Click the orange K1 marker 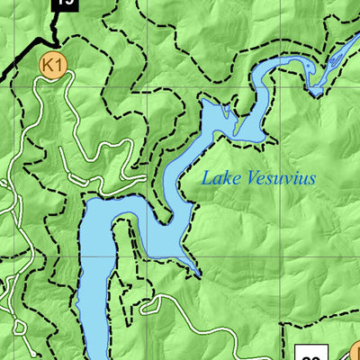point(53,64)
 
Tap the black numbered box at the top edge point(63,4)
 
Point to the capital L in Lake point(206,177)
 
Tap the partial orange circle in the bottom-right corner point(355,351)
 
